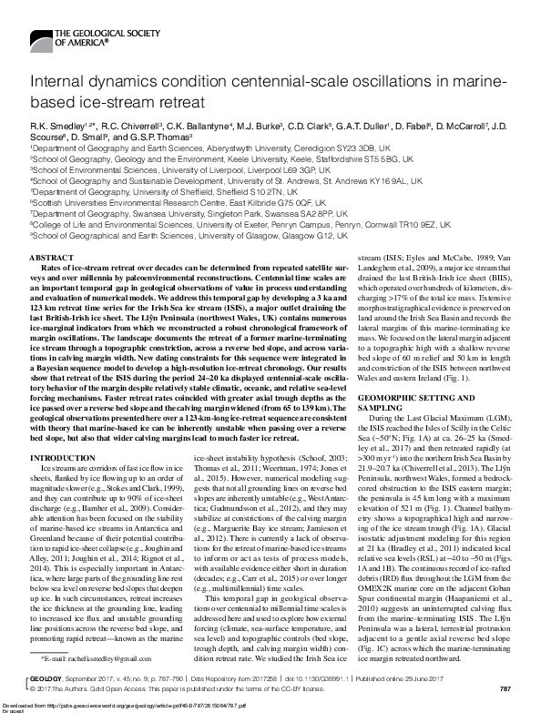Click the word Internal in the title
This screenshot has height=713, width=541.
[x=59, y=83]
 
